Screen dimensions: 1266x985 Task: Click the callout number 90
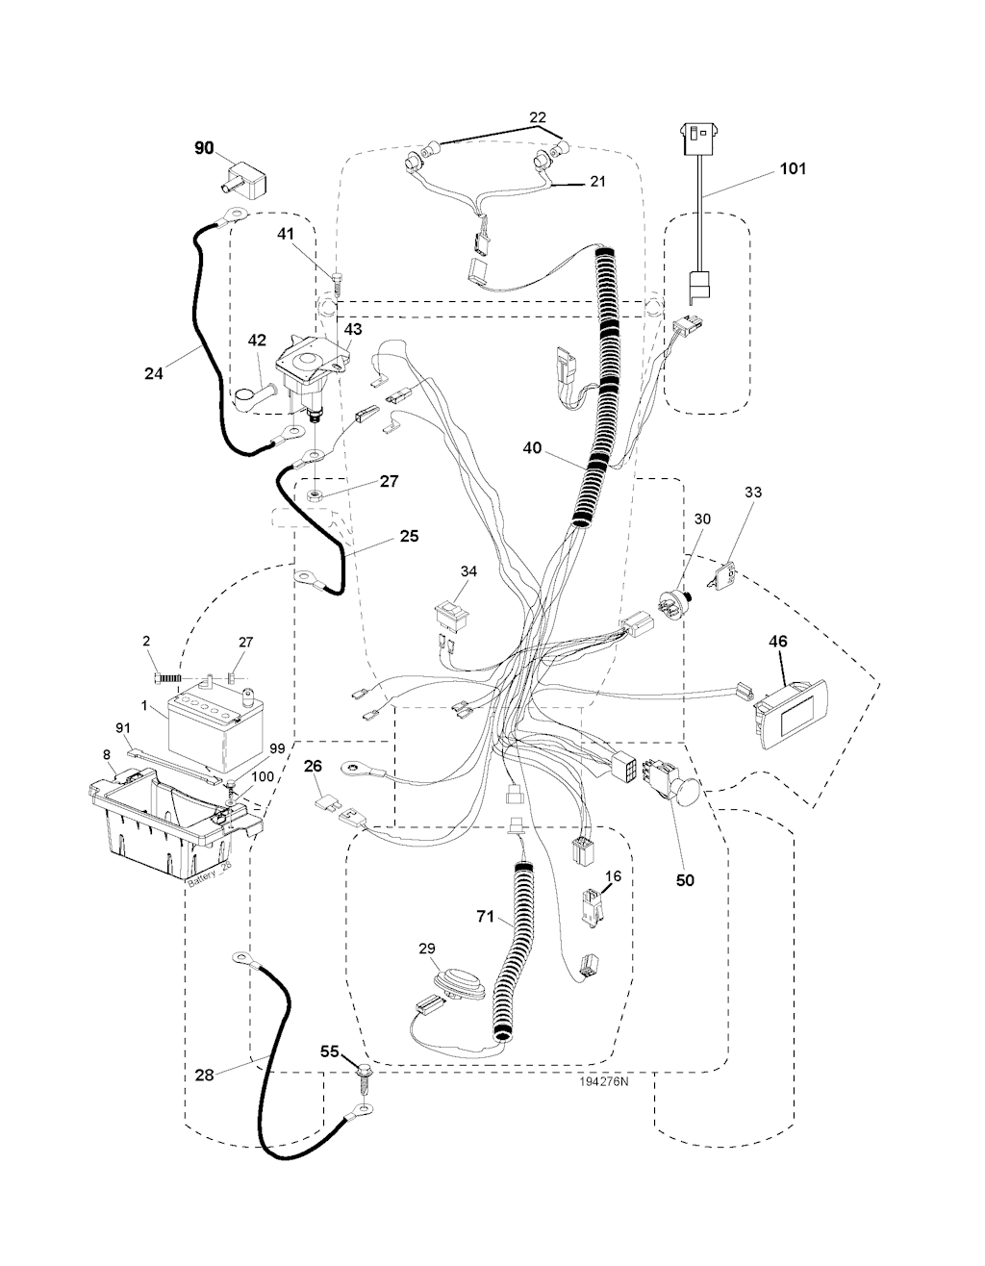coord(204,147)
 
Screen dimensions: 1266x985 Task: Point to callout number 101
coord(794,168)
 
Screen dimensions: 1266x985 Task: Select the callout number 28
coord(204,1075)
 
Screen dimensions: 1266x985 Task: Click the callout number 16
coord(613,876)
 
